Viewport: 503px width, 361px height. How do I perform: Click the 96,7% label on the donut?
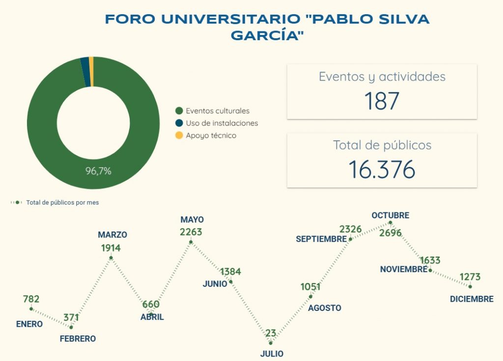point(98,171)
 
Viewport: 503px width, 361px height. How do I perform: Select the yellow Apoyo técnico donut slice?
point(91,64)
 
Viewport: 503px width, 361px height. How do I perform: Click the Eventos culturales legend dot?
point(179,111)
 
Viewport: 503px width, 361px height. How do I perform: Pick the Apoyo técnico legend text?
point(211,135)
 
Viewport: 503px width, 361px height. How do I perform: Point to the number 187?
point(382,101)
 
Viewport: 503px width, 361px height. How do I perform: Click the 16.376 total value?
point(382,169)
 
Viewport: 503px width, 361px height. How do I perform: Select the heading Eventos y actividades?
point(382,77)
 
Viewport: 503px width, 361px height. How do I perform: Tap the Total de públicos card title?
point(382,145)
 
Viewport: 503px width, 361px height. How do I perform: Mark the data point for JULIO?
point(271,343)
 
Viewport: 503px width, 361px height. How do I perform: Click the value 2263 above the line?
point(191,232)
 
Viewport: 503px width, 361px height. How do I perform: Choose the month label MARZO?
point(112,235)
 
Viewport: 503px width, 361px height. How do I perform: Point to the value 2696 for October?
point(391,232)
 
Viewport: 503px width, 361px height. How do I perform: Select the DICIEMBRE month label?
point(472,299)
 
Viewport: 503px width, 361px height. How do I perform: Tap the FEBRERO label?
point(78,338)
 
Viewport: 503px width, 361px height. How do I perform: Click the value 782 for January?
point(31,299)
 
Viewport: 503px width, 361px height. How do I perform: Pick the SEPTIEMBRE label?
point(321,239)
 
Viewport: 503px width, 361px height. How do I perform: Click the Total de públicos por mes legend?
point(62,203)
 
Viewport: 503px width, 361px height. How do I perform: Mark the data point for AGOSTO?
point(311,296)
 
